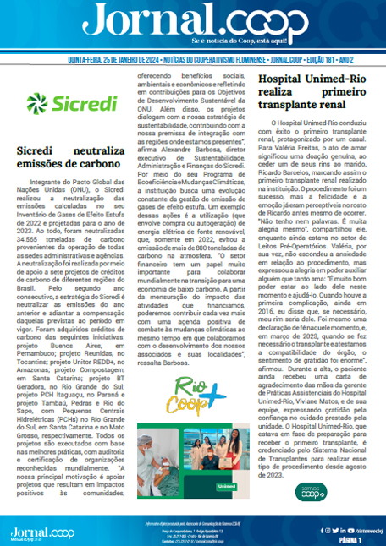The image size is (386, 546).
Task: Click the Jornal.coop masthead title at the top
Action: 193,19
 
